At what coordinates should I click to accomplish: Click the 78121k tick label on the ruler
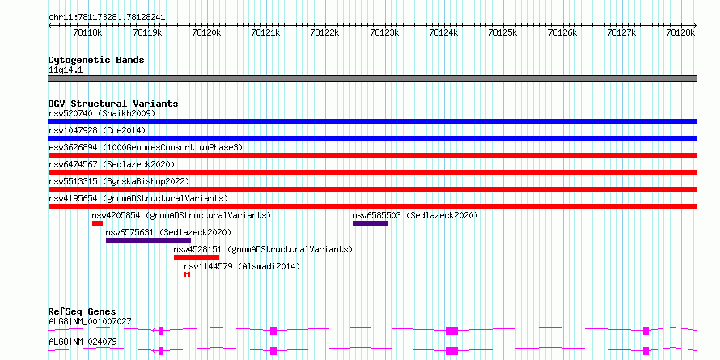(x=265, y=32)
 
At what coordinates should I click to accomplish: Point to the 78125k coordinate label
(x=503, y=32)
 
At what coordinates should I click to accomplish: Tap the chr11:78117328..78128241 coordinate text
(x=107, y=17)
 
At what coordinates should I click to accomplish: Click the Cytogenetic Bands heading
(x=96, y=60)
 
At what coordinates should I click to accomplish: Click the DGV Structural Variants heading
(x=113, y=104)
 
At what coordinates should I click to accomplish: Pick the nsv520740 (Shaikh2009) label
(x=102, y=113)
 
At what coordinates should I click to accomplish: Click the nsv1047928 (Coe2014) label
(x=97, y=130)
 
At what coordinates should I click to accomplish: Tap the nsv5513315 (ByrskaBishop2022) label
(x=119, y=181)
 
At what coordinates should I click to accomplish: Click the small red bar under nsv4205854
(x=97, y=223)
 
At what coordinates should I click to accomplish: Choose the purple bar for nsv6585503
(x=370, y=223)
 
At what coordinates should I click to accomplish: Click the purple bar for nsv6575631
(x=148, y=240)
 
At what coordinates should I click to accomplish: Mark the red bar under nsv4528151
(x=197, y=257)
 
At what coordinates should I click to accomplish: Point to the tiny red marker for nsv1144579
(x=187, y=274)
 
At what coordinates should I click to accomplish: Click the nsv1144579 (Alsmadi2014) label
(x=242, y=266)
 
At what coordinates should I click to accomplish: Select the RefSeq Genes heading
(x=83, y=311)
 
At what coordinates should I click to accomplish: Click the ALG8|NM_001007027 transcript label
(x=90, y=321)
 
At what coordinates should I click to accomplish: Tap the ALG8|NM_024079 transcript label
(x=83, y=341)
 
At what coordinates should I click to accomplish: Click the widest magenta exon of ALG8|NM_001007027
(x=452, y=331)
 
